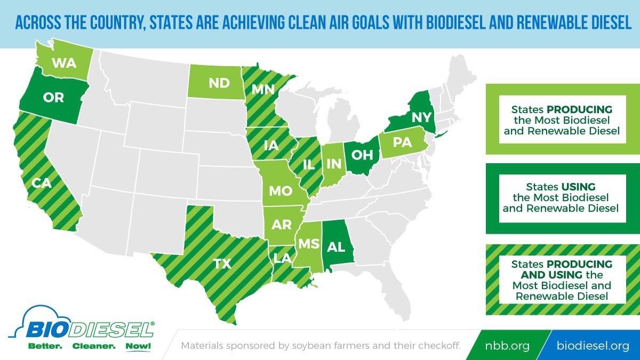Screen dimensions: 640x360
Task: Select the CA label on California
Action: (41, 183)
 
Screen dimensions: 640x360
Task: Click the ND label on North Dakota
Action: (219, 83)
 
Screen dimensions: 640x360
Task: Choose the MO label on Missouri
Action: (281, 191)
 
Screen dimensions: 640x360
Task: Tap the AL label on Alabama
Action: (336, 247)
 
